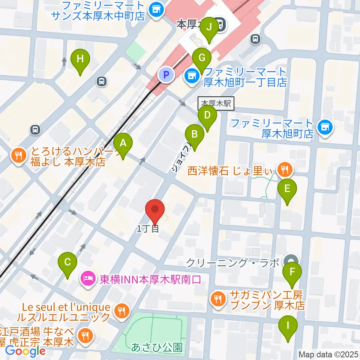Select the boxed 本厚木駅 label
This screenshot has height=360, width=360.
[x=216, y=103]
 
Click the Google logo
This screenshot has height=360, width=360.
[x=25, y=351]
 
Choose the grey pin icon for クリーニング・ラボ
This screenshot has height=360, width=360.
[x=291, y=261]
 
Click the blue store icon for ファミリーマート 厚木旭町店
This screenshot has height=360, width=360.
[x=325, y=127]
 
